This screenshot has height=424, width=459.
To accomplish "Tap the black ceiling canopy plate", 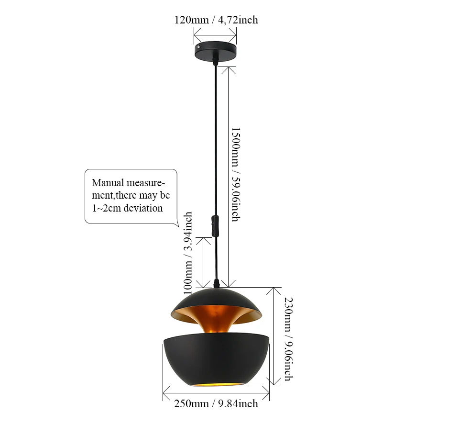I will click(x=216, y=51).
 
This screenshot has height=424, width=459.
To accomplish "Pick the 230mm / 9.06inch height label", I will click(x=288, y=339).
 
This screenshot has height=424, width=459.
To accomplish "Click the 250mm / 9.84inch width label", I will click(x=216, y=404).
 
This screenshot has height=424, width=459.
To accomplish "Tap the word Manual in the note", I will click(x=108, y=183).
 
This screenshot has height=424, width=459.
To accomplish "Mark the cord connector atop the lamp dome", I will click(x=217, y=285).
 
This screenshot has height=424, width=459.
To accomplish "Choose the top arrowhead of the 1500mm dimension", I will click(x=229, y=68).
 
